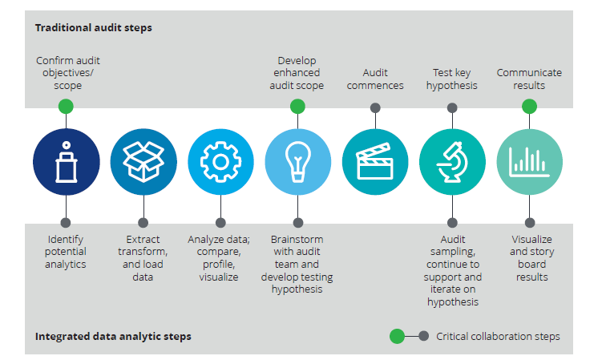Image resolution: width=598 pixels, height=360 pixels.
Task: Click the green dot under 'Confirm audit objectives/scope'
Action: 66,107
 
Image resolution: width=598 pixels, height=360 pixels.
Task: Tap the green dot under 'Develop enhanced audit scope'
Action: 297,107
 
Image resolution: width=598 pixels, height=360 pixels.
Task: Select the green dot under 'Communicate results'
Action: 529,107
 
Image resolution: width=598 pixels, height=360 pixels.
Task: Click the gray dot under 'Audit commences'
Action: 375,107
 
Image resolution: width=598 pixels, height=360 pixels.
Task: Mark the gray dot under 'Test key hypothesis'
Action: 452,107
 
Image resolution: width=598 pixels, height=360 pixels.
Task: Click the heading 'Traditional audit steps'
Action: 93,28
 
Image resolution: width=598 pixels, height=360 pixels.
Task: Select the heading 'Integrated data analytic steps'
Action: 113,336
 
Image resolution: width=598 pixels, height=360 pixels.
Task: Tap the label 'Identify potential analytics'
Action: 66,252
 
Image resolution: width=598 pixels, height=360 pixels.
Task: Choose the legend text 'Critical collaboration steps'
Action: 499,337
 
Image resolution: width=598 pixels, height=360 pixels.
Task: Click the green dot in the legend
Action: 397,337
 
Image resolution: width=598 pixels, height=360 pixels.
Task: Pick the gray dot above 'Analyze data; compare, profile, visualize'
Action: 220,222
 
